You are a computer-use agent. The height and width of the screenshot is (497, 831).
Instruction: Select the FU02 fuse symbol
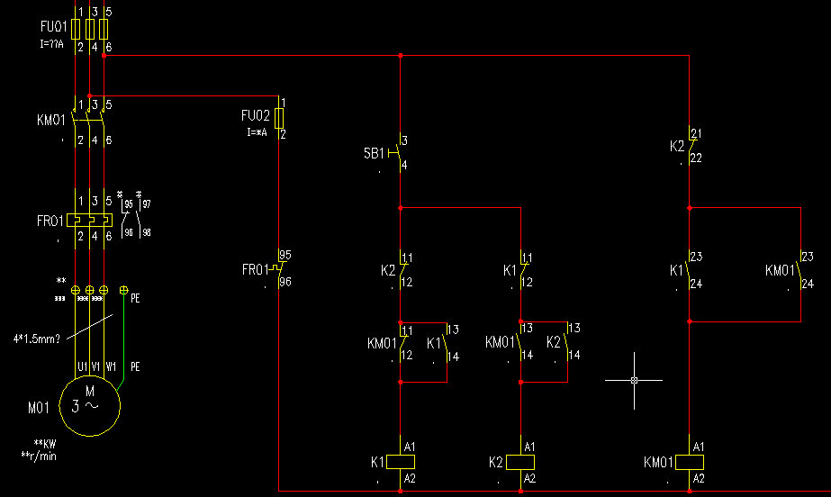(x=280, y=119)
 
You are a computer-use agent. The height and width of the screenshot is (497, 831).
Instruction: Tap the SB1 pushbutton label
(x=375, y=154)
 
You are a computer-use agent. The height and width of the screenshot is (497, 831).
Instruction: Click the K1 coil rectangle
(x=400, y=462)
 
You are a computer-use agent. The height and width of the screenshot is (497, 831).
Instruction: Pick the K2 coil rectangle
(x=520, y=462)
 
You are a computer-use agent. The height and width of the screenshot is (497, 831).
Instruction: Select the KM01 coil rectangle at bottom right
(x=689, y=462)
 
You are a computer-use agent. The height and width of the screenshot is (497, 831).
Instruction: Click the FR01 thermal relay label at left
(x=51, y=220)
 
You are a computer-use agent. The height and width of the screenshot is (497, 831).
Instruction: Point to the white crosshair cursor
(x=634, y=380)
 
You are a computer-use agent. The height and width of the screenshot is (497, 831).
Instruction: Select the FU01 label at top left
(x=53, y=28)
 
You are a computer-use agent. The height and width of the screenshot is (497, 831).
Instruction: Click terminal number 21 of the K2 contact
(x=695, y=134)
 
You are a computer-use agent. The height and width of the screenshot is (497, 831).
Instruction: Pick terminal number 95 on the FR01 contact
(x=285, y=255)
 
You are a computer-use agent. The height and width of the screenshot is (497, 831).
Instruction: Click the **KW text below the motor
(x=45, y=445)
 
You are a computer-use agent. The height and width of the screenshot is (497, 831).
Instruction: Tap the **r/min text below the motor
(x=44, y=456)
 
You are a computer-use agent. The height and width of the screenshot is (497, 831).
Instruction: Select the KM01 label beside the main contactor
(x=51, y=119)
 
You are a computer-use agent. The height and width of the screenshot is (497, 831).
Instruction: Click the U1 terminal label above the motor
(x=81, y=366)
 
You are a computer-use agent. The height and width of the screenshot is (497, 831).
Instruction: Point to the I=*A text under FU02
(x=257, y=131)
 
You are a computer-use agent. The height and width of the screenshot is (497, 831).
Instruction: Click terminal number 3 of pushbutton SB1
(x=404, y=140)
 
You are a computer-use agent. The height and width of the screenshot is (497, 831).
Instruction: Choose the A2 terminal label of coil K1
(x=410, y=478)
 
